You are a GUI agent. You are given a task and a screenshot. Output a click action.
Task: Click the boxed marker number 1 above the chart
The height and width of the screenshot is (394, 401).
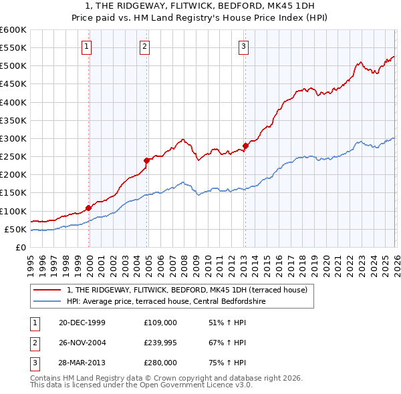tap(87, 46)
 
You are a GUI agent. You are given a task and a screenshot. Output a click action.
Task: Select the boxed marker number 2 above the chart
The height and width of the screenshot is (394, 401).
tap(145, 46)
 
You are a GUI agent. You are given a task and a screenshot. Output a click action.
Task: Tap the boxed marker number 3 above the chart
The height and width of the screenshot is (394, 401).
tap(243, 46)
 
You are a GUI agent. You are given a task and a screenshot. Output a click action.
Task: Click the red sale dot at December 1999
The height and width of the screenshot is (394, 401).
tap(89, 208)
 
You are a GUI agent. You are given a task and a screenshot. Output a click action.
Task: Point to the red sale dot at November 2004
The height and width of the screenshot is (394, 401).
tap(147, 160)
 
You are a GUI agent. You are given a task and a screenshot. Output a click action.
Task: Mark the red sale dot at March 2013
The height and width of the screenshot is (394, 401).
tap(245, 146)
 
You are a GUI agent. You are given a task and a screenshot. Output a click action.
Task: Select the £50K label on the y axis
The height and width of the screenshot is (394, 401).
tap(15, 229)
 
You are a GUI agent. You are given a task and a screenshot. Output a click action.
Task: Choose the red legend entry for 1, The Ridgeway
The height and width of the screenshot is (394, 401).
tap(186, 290)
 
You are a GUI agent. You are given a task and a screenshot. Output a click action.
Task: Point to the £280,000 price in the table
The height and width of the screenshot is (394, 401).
tap(160, 362)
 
